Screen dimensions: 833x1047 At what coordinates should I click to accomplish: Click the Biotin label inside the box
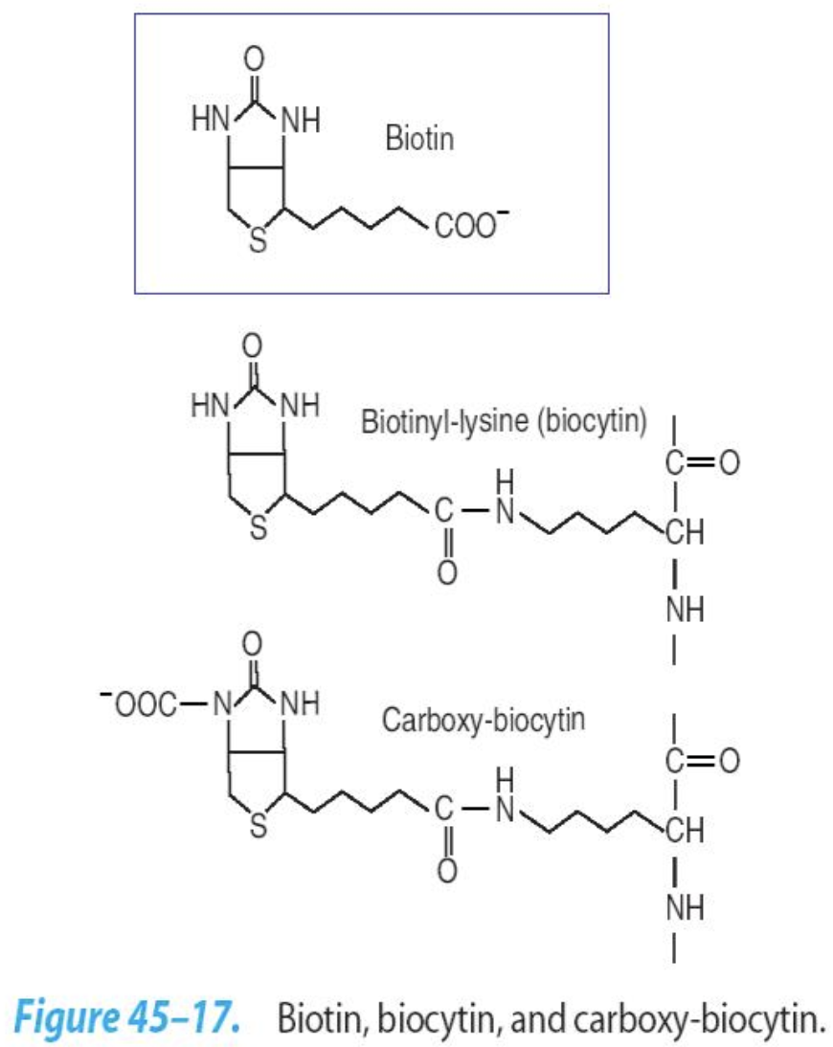419,140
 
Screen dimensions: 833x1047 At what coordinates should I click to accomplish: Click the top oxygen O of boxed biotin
253,58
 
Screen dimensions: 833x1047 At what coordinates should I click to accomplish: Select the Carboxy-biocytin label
484,720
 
